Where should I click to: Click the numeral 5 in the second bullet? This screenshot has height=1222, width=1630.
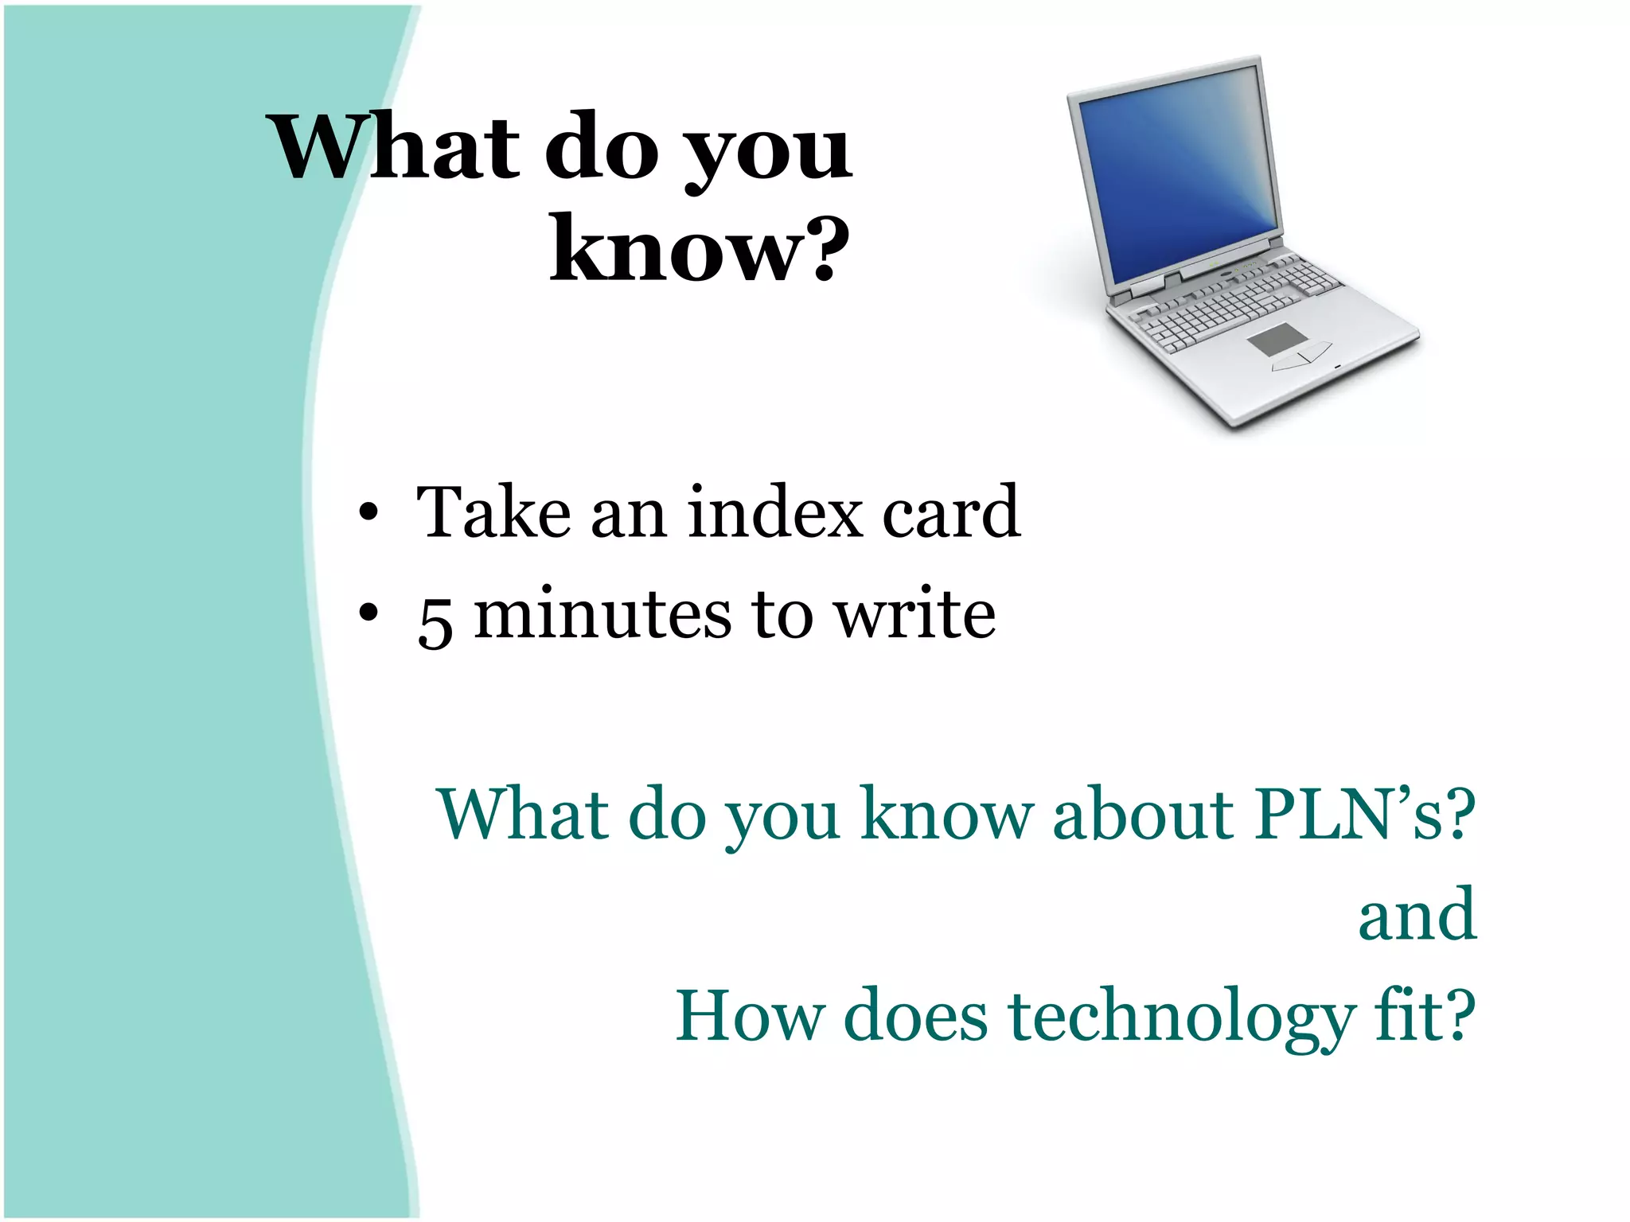coord(435,621)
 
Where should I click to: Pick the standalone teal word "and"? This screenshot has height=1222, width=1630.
coord(1417,914)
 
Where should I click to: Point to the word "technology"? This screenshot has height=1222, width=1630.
coord(1181,1018)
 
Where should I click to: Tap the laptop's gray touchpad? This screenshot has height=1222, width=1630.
coord(1277,339)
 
